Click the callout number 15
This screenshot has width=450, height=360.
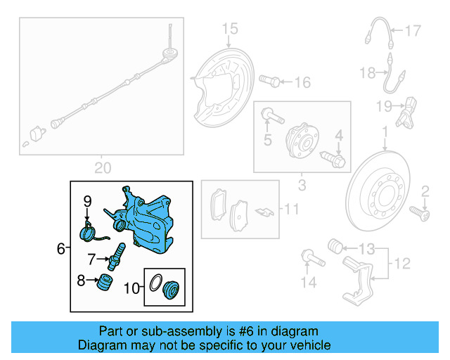231,29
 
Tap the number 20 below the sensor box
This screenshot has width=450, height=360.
103,167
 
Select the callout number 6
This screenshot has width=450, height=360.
60,248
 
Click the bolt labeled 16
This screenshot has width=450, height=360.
269,81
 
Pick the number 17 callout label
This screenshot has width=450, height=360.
413,30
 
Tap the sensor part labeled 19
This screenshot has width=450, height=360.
410,115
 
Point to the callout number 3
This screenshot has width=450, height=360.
302,186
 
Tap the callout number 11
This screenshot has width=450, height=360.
291,209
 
